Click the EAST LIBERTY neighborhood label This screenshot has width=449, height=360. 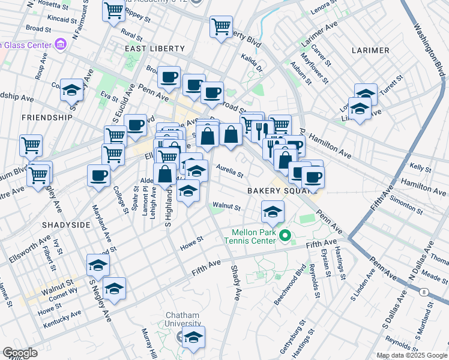click(149, 48)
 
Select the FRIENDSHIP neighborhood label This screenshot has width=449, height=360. click(47, 118)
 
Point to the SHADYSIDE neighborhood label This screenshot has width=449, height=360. click(66, 224)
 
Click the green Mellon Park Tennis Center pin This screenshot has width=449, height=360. click(285, 235)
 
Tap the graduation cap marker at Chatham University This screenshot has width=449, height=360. click(194, 337)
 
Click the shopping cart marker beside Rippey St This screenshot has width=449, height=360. click(113, 10)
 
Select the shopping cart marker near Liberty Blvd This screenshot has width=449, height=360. click(221, 26)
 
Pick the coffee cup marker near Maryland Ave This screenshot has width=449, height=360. click(98, 176)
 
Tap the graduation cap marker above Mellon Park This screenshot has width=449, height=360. click(273, 211)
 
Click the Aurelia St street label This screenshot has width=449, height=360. click(229, 172)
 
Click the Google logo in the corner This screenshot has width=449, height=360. click(20, 353)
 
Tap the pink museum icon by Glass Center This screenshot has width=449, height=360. click(59, 44)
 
